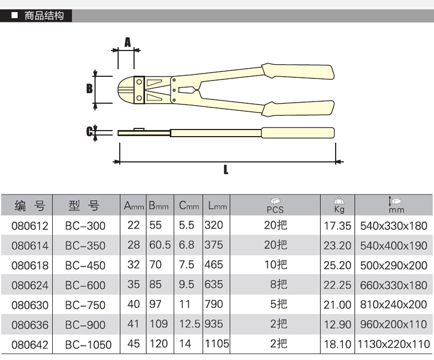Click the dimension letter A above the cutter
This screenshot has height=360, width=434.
click(127, 42)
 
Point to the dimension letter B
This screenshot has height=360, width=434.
click(89, 88)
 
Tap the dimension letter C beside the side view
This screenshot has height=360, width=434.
click(89, 131)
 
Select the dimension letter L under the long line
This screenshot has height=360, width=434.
click(226, 170)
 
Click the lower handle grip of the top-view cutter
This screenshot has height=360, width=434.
click(298, 109)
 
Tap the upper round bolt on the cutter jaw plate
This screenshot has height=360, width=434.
click(139, 82)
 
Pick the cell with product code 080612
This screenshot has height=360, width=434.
click(30, 226)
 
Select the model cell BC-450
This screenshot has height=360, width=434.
click(85, 266)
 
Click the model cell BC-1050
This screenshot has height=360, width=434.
click(88, 345)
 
